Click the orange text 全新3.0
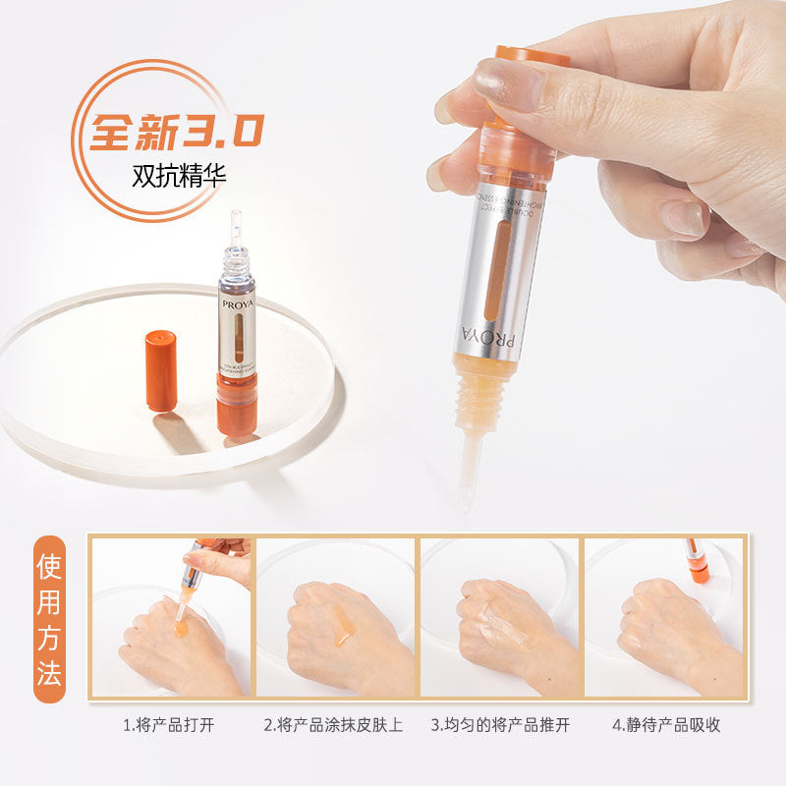[178, 130]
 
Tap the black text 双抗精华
[178, 177]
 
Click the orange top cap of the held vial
[531, 59]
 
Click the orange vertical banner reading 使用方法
[49, 619]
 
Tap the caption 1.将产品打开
[168, 725]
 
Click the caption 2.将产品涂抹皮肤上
[334, 725]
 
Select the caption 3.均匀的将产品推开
[499, 725]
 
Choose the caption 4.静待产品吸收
[665, 725]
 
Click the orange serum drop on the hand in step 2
[343, 634]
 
